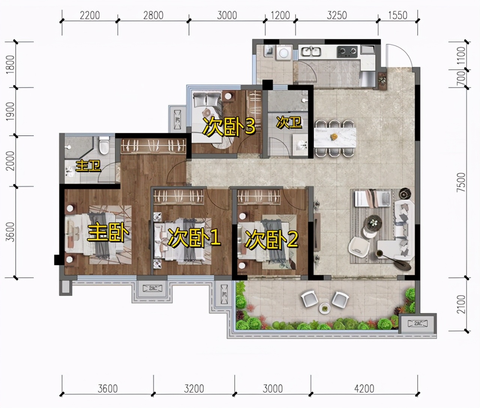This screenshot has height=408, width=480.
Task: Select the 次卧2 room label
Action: (271, 239)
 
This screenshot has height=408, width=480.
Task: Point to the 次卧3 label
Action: (229, 126)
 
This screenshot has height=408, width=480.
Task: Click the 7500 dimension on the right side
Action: (461, 182)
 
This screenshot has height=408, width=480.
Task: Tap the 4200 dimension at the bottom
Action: (364, 389)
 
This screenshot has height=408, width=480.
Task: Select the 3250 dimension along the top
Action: (337, 15)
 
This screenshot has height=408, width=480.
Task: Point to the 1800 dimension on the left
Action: (10, 64)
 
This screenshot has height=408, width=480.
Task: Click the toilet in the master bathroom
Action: (104, 145)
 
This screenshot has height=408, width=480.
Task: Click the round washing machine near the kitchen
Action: (283, 53)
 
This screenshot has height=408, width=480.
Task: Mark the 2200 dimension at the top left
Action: (90, 15)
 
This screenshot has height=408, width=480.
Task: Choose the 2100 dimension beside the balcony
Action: (461, 304)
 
